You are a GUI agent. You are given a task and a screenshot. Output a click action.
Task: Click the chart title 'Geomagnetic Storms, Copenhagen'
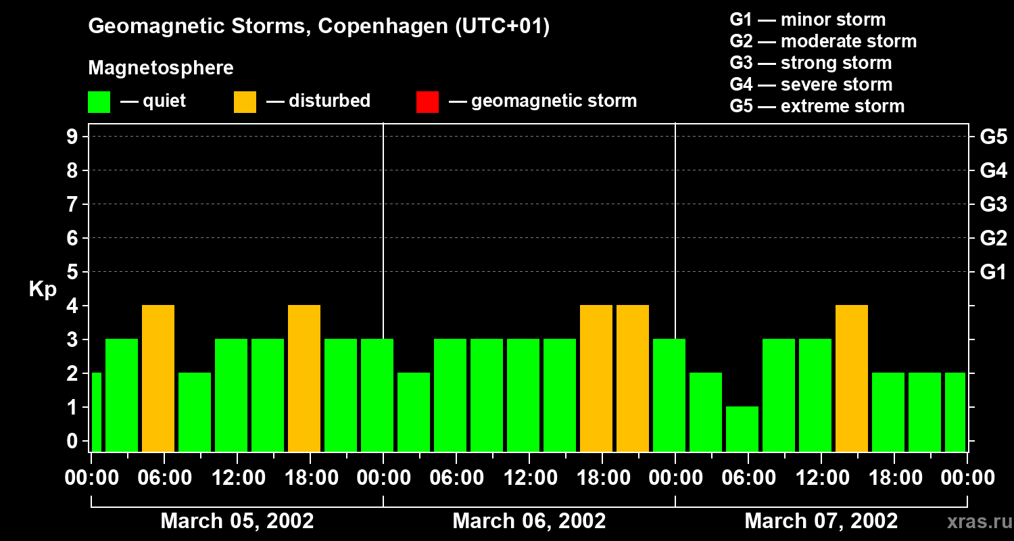coord(318,26)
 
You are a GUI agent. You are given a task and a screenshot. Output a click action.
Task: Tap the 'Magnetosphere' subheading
coord(161,68)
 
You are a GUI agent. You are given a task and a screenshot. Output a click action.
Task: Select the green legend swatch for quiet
coord(99,102)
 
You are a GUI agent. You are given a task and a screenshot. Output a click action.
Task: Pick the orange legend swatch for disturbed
coord(245,102)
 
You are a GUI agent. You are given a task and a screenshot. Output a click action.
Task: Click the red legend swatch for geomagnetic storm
coord(427,102)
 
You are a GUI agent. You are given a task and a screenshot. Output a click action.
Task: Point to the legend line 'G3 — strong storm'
coord(811,63)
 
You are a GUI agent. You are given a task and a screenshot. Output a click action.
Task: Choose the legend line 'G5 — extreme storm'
coord(817,106)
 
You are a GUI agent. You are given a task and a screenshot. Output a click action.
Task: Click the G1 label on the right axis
coord(993,273)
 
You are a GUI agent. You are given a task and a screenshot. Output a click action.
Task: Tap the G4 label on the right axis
coord(993,170)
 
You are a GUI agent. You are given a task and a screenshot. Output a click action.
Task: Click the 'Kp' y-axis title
coord(43,289)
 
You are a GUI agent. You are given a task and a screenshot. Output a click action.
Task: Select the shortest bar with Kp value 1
coord(742,429)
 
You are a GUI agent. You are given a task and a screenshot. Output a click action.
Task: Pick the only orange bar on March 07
coord(852,378)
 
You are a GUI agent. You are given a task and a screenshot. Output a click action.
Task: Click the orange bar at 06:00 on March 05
coord(158,378)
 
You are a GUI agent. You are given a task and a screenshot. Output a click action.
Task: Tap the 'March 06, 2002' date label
coord(529,521)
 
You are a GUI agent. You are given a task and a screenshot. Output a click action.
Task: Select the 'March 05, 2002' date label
coord(237,521)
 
